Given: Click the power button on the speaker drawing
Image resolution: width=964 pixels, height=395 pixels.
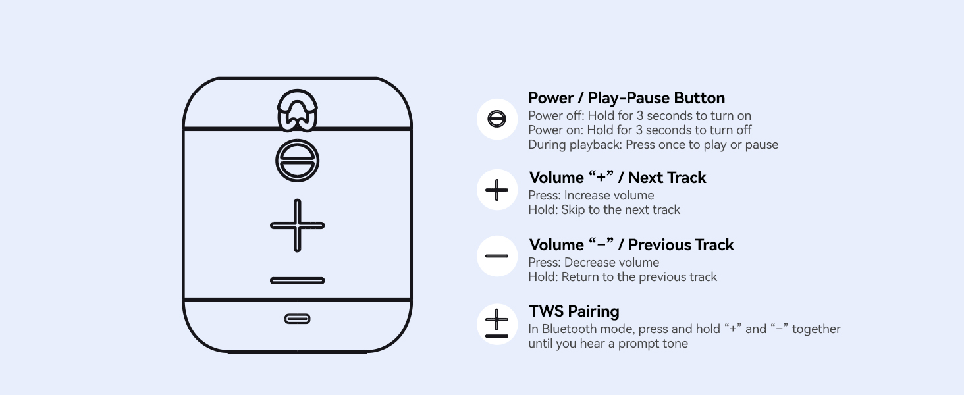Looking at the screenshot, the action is click(x=298, y=161).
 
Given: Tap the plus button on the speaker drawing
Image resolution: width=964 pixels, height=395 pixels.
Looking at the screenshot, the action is click(x=298, y=225).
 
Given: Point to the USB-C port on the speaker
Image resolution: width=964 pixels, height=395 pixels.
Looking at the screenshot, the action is click(x=298, y=319).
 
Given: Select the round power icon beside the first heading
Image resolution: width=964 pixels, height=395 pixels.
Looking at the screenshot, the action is click(x=496, y=118).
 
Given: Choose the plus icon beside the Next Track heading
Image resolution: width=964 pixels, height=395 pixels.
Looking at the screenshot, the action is click(x=496, y=190).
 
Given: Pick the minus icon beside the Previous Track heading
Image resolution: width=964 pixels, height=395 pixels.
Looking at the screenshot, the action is click(x=496, y=256).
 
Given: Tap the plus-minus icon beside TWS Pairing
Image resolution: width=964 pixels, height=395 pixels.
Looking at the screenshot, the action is click(x=496, y=324).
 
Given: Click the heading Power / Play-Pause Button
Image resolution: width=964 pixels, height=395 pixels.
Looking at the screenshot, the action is click(x=627, y=98).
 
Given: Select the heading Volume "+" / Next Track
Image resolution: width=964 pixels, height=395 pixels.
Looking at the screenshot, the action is click(x=618, y=177).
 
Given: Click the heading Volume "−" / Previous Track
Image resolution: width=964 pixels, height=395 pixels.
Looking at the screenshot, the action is click(x=631, y=244).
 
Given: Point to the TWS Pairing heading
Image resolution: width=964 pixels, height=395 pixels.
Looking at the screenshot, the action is click(x=574, y=311).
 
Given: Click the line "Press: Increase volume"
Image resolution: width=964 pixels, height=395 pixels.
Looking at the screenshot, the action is click(x=591, y=196).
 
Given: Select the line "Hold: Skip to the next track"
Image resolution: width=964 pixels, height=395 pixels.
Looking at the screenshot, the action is click(x=604, y=210).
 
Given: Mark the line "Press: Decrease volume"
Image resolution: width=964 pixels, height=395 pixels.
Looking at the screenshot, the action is click(x=594, y=263).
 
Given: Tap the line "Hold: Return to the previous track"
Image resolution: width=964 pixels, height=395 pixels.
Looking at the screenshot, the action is click(x=623, y=277).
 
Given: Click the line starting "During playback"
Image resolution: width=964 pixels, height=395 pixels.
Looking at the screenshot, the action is click(x=653, y=145).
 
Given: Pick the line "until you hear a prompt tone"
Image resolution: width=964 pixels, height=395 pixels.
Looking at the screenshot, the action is click(x=608, y=344).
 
